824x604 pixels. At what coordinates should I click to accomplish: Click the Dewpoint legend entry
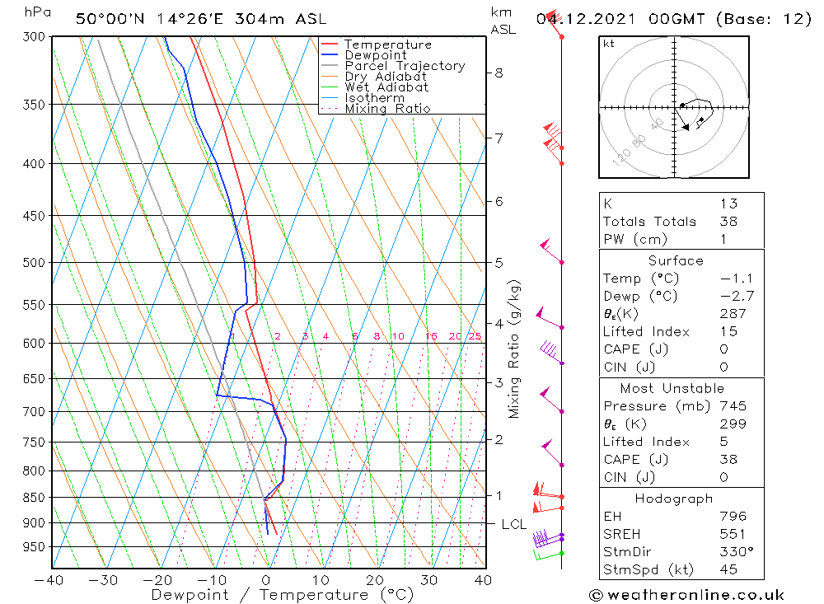coord(375,55)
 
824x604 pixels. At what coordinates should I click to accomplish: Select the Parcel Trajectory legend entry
coord(405,66)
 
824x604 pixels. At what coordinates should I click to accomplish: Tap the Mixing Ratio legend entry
coord(387,108)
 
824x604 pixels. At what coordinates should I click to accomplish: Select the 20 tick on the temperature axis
coord(376,580)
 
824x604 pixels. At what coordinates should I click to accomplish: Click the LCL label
coord(514,524)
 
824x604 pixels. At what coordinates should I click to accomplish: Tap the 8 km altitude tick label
coord(499,73)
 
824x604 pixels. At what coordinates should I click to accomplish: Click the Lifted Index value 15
coord(728,331)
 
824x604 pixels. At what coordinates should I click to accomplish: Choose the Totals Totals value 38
coord(728,221)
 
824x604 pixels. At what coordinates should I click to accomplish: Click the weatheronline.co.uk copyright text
coord(686,595)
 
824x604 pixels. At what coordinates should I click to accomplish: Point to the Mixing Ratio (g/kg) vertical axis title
coord(515,349)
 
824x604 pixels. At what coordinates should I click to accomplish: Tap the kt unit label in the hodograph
coord(609,44)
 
